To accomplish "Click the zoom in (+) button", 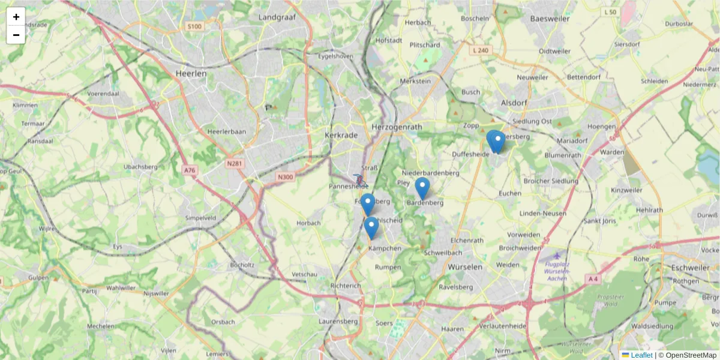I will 16,17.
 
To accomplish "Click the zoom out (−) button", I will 16,35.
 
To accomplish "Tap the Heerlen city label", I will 191,73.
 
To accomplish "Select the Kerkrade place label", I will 341,135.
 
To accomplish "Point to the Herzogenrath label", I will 397,127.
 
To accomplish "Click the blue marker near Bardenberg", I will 422,188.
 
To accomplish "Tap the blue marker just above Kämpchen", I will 371,227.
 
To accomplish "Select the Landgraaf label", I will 278,17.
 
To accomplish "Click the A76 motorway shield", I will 190,170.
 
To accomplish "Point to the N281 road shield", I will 235,163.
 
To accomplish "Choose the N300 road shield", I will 286,176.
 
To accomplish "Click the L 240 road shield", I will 481,50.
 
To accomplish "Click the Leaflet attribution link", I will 641,355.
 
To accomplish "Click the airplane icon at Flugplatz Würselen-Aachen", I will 557,256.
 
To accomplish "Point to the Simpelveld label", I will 201,217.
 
